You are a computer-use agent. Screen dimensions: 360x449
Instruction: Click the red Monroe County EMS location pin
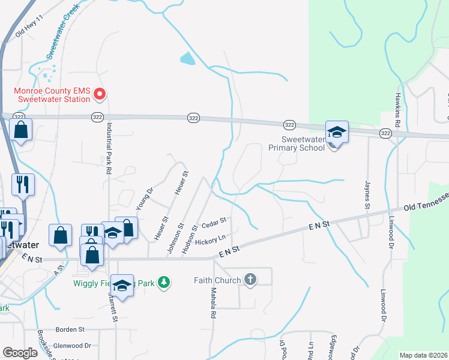(101, 94)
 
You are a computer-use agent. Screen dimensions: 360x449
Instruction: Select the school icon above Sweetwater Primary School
(337, 133)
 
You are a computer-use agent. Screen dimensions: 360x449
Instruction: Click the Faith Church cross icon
(250, 280)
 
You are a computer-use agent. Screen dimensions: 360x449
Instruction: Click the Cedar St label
(213, 223)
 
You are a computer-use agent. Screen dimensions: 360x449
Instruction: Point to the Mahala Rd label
(213, 303)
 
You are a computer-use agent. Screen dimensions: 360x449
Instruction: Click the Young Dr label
(142, 197)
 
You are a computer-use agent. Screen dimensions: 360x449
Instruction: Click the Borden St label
(70, 329)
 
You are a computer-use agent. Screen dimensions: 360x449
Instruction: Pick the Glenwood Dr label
(72, 346)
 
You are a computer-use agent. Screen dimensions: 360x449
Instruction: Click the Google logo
(20, 353)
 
